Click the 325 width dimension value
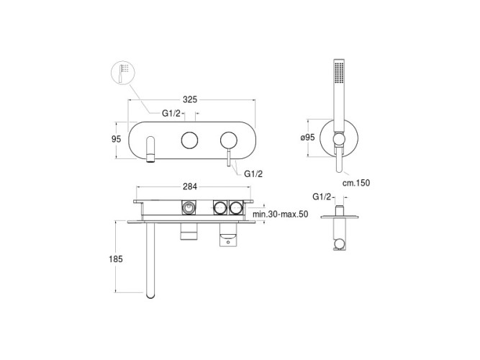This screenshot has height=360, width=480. click(x=190, y=99)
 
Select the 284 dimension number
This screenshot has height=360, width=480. click(x=190, y=186)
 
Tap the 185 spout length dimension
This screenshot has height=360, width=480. click(x=116, y=259)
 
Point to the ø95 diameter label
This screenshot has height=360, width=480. click(x=308, y=138)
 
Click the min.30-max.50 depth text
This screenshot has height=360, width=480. click(x=281, y=214)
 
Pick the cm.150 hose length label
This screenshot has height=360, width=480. click(x=356, y=183)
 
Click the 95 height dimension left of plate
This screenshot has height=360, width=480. click(x=117, y=139)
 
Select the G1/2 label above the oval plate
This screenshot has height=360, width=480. click(x=171, y=113)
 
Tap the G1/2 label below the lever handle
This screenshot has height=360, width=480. click(x=253, y=174)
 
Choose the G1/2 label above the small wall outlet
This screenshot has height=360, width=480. click(x=322, y=197)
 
